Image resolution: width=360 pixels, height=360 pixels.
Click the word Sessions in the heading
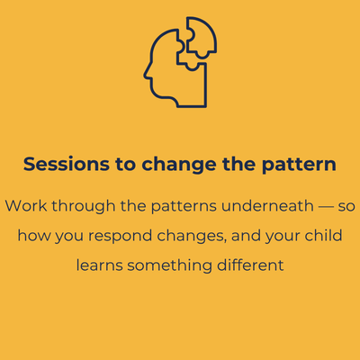coord(67,164)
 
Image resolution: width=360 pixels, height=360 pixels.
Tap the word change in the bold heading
coord(179,166)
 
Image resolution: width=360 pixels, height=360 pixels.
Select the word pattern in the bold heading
coord(299,166)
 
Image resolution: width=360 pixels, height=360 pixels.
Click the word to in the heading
coord(125,165)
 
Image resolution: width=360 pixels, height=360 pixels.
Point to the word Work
coord(26,206)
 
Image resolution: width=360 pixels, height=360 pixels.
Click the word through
coord(84,207)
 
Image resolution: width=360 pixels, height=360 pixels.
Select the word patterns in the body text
coord(184,207)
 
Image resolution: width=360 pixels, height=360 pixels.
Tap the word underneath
coord(267,206)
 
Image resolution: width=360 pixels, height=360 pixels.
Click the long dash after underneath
coord(326,206)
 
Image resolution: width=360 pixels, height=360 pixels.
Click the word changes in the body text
coord(192,237)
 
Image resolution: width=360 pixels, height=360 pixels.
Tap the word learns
coord(99,265)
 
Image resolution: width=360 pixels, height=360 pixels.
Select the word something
coord(169,266)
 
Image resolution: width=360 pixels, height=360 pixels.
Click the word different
coord(250,265)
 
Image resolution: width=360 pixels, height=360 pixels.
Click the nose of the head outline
coord(145,75)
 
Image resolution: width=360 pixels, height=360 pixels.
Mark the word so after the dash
coord(346,206)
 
